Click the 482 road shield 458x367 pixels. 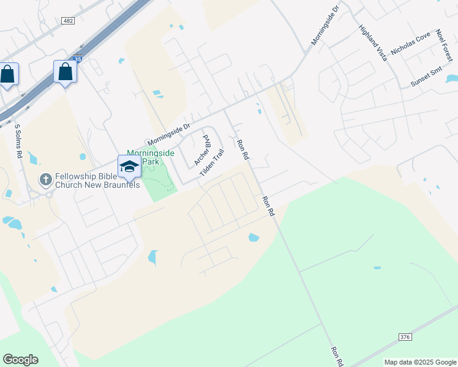pyautogui.click(x=68, y=21)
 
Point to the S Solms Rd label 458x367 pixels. pyautogui.click(x=18, y=142)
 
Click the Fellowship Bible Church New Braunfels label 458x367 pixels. pyautogui.click(x=97, y=180)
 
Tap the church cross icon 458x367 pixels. pyautogui.click(x=45, y=179)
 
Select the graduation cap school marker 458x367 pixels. pyautogui.click(x=129, y=166)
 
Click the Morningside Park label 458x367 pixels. pyautogui.click(x=151, y=157)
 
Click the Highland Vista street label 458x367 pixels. pyautogui.click(x=373, y=43)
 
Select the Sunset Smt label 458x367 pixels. pyautogui.click(x=427, y=78)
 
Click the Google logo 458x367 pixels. pyautogui.click(x=20, y=360)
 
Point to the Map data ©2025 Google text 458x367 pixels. pyautogui.click(x=421, y=362)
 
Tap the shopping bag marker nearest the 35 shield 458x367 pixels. pyautogui.click(x=65, y=73)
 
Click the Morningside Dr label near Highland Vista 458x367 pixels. pyautogui.click(x=325, y=26)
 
